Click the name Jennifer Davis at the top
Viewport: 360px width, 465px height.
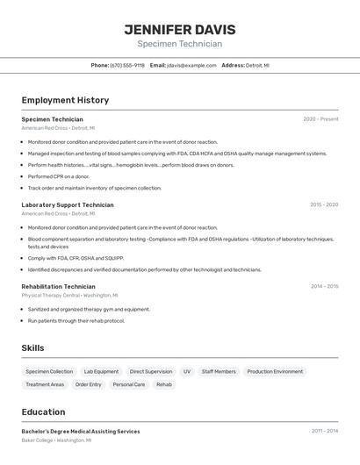(x=180, y=29)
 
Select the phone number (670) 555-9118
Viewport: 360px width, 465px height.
(x=127, y=65)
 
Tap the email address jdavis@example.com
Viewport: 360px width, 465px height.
(x=192, y=65)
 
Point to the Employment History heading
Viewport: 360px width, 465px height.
(x=65, y=100)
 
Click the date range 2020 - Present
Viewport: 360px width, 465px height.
(x=320, y=118)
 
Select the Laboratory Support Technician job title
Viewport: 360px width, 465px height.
(x=68, y=204)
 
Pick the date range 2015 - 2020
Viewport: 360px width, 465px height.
(x=323, y=204)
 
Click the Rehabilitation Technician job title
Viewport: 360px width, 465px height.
(x=58, y=286)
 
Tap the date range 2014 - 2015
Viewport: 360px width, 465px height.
(x=324, y=286)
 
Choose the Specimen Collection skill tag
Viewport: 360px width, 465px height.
(x=49, y=371)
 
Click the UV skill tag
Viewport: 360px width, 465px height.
(x=187, y=371)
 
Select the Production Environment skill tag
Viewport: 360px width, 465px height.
(x=275, y=371)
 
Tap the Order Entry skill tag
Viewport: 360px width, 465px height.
(x=89, y=384)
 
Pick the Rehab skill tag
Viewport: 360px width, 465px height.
(x=164, y=384)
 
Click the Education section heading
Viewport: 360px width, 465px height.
(x=43, y=411)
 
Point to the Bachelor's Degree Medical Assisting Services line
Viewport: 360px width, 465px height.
(x=81, y=431)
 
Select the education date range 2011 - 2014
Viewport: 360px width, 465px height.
(x=324, y=431)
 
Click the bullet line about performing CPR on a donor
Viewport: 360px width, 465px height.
(x=59, y=176)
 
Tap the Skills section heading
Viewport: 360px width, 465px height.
(x=32, y=348)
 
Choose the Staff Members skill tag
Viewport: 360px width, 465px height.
(x=219, y=371)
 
